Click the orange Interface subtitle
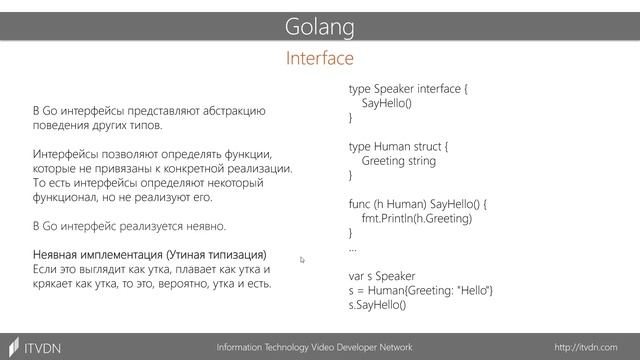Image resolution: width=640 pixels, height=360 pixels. click(320, 59)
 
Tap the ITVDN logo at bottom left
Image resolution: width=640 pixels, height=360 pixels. click(35, 346)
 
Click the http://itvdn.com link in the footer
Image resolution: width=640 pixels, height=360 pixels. click(594, 346)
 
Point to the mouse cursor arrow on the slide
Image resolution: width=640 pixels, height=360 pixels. click(302, 260)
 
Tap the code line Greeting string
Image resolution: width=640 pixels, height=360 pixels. click(399, 160)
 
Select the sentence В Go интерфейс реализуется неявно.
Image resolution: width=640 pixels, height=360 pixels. click(130, 226)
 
